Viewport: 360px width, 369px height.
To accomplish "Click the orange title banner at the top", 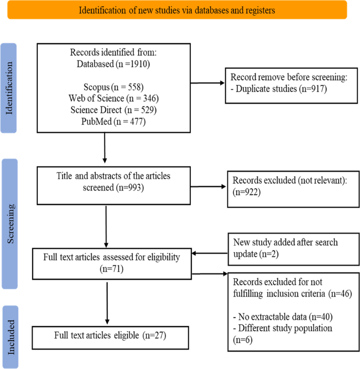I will pyautogui.click(x=177, y=10).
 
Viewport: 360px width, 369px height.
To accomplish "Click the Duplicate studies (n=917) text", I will pyautogui.click(x=277, y=90).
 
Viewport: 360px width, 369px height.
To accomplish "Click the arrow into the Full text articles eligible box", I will pyautogui.click(x=107, y=310).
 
